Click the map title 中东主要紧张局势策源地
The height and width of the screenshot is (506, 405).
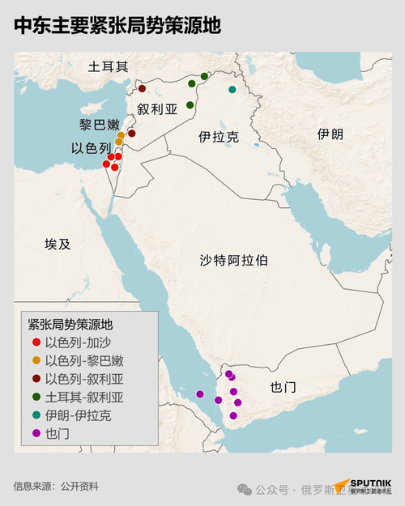(x=117, y=26)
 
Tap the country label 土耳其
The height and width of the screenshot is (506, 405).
(x=109, y=67)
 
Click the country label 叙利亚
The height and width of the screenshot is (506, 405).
(x=156, y=109)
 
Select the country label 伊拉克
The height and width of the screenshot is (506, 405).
(x=218, y=138)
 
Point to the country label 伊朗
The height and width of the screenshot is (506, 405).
(x=330, y=134)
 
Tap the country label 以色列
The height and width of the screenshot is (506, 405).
(x=91, y=149)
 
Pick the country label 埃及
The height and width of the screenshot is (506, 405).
(x=58, y=244)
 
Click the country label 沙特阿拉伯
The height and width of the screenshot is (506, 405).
(x=234, y=261)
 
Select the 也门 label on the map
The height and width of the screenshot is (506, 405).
(x=283, y=387)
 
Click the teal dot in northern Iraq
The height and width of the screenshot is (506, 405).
(x=232, y=89)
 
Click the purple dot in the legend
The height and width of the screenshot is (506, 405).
(x=36, y=433)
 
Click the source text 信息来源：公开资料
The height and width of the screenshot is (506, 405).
(x=56, y=487)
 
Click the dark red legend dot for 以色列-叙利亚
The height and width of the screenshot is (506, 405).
(x=36, y=379)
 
